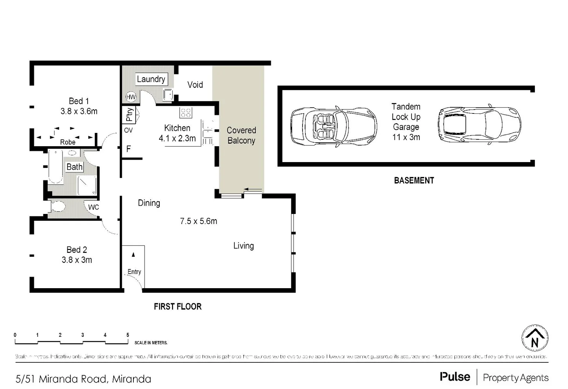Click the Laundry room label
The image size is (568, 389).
coord(151,79)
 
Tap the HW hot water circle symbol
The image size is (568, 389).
coord(131,97)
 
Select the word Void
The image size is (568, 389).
coord(195,85)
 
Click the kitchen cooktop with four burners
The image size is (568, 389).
coord(185,113)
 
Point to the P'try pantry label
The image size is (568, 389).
coord(129,114)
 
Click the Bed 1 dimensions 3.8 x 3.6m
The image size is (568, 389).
coord(79,111)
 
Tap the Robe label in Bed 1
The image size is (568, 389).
coord(68,142)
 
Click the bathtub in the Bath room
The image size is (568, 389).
coord(56,167)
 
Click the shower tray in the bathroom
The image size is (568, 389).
coord(87,185)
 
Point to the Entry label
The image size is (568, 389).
coord(134,272)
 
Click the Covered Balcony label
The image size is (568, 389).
coord(241,135)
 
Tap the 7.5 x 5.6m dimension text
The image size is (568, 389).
coord(198,221)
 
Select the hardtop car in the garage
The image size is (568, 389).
coord(479,125)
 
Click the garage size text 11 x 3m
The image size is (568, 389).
coord(406,137)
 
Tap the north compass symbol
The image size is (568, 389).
coord(535,338)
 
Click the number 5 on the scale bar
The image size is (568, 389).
coord(128,335)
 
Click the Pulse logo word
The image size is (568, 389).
coord(455,377)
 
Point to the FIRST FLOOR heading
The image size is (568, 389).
coord(177,307)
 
